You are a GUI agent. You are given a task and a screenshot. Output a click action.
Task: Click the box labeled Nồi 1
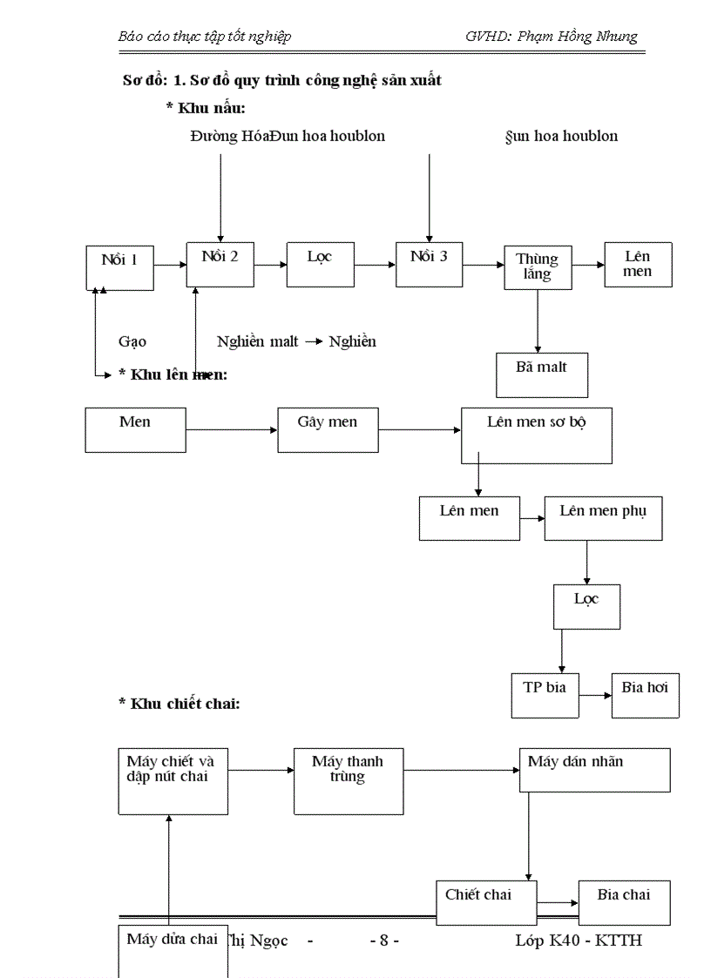coord(120,267)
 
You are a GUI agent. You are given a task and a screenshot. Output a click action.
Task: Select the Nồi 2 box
coord(220,264)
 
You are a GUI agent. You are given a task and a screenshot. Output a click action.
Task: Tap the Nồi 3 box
coord(428,264)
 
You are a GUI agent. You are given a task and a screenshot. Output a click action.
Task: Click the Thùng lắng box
coord(537,268)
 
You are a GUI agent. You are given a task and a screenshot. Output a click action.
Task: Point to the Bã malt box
coord(541,374)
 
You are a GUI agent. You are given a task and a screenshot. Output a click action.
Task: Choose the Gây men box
coord(327,429)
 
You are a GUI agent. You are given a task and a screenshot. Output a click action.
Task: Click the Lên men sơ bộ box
coord(536,435)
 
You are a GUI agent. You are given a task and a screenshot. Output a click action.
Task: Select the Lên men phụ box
coord(603,518)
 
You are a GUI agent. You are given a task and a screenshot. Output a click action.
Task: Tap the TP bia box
coord(545,695)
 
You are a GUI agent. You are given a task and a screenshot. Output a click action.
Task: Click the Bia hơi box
coord(645,695)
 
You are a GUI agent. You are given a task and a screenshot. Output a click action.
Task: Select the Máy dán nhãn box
coord(594,770)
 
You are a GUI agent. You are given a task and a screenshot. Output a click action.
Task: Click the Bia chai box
coord(624,902)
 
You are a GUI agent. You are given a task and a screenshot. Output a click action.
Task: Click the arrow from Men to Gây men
coord(232,429)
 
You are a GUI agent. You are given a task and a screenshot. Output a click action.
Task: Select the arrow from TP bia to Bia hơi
coord(595,695)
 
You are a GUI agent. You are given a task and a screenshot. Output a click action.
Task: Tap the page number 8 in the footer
coord(384,941)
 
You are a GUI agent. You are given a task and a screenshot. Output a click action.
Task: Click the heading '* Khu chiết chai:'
coord(179,703)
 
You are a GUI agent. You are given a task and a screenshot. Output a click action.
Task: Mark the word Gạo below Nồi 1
coord(132,341)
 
